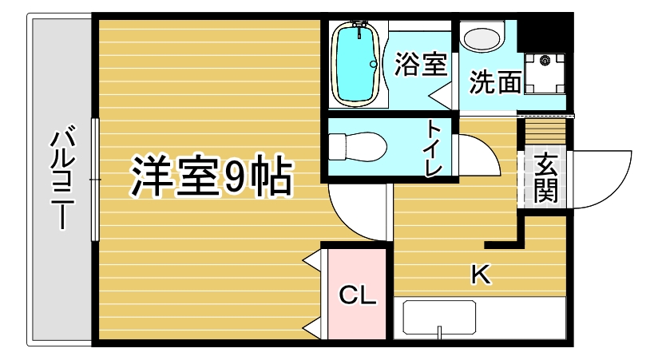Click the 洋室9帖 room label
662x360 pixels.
point(211,177)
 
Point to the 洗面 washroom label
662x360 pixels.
point(494,81)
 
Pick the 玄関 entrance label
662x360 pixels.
point(546,177)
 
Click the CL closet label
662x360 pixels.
point(358,295)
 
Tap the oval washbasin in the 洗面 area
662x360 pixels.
point(482,38)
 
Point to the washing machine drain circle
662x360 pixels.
point(546,59)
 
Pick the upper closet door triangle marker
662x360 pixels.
point(311,259)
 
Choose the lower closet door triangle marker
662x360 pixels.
point(311,326)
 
